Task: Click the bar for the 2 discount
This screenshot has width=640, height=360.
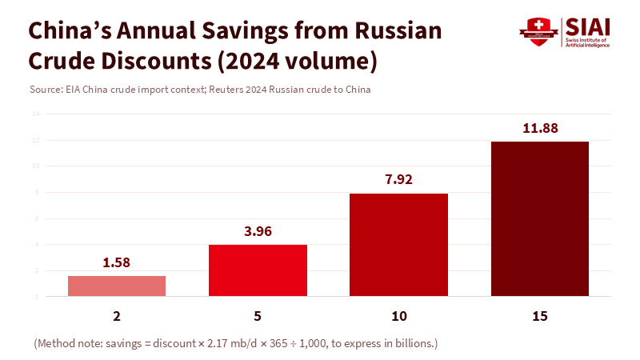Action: coord(117,286)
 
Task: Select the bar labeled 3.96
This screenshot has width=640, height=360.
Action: coord(258,270)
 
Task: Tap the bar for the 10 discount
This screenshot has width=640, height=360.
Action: coord(398,245)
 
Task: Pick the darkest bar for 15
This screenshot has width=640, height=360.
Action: coord(539,218)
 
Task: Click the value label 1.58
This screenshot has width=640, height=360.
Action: coord(117,262)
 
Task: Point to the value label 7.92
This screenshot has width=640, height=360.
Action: coord(398,179)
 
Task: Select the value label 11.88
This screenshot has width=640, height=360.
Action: coord(539,127)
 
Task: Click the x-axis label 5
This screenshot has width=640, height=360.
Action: coord(258,317)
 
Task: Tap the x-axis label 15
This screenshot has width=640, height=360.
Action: coord(539,317)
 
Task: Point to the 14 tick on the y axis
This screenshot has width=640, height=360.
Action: coord(36,114)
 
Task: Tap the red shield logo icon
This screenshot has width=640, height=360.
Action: coord(538,31)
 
